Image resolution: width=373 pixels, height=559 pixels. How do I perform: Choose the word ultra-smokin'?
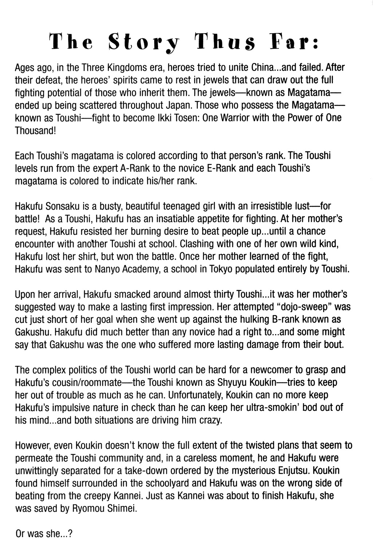coord(273,407)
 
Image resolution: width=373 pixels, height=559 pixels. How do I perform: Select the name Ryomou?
coord(88,508)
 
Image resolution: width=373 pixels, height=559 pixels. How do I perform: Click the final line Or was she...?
coord(44,534)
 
